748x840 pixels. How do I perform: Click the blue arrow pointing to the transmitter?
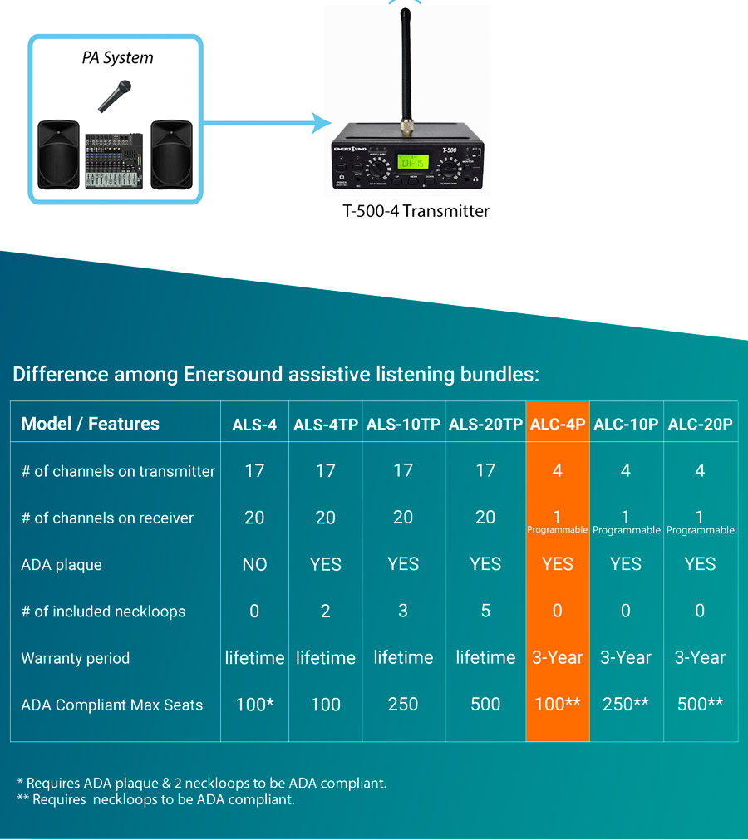[x=266, y=125]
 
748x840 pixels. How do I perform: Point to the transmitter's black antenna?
[x=405, y=66]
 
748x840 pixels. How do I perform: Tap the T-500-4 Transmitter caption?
[x=416, y=211]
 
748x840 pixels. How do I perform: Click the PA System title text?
[x=117, y=58]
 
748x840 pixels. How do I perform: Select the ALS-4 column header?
[x=254, y=425]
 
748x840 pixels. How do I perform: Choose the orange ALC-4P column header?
[x=558, y=424]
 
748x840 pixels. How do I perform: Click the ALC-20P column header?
[x=700, y=424]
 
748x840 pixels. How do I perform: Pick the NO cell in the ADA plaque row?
[x=254, y=565]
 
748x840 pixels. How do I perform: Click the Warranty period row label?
[x=76, y=658]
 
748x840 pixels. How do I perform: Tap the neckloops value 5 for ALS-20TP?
[x=485, y=612]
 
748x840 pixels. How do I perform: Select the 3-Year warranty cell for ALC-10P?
[x=626, y=658]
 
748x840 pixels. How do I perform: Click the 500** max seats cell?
[x=700, y=705]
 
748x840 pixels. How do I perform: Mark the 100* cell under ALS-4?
[x=254, y=705]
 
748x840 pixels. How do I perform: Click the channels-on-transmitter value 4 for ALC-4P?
[x=558, y=471]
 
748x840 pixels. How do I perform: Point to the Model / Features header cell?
[x=90, y=424]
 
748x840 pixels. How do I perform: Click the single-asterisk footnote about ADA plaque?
[x=202, y=783]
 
